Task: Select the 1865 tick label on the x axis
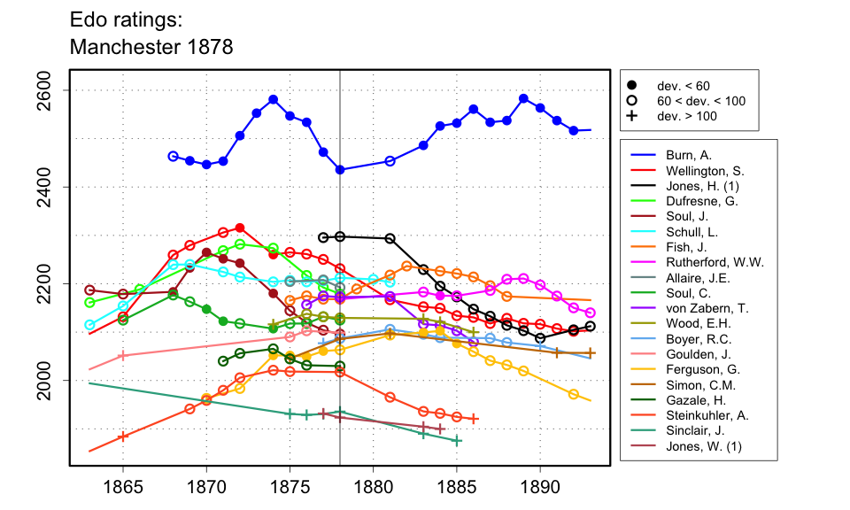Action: pos(123,488)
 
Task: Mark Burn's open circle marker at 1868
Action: pos(173,156)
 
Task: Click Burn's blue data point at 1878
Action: pos(340,170)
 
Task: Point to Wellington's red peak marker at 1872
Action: pos(240,228)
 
